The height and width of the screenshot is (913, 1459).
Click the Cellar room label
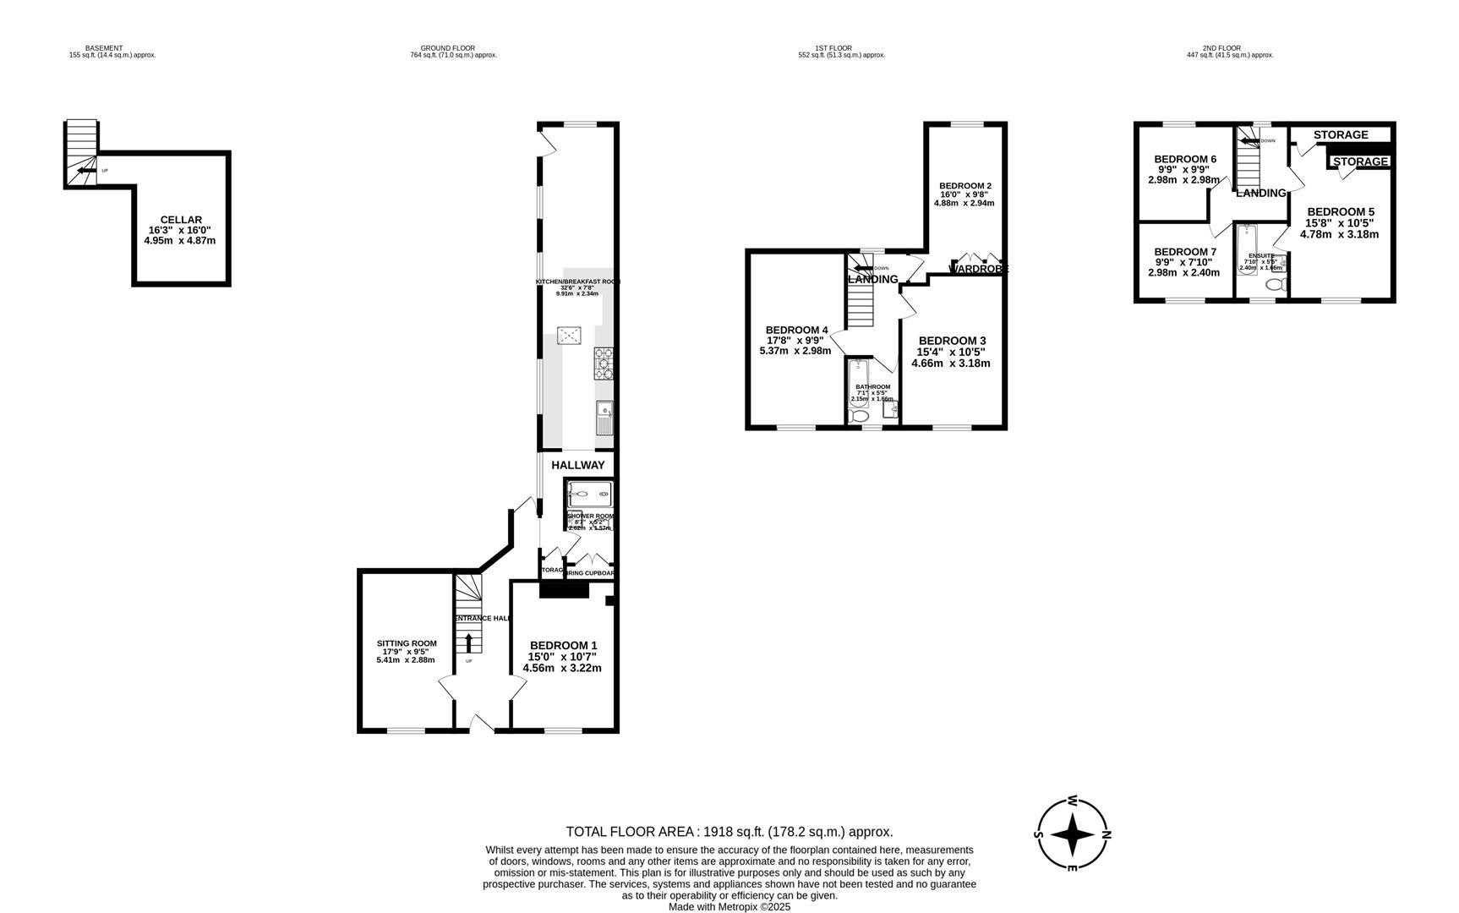(180, 220)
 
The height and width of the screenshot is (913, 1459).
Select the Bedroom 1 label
(563, 645)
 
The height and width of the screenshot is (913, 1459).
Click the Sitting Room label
(407, 643)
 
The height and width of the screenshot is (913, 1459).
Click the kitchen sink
(604, 417)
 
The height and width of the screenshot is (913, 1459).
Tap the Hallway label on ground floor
(578, 465)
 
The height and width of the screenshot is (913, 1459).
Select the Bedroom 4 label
(796, 330)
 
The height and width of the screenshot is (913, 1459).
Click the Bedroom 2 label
(964, 186)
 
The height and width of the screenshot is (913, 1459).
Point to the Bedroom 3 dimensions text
(950, 358)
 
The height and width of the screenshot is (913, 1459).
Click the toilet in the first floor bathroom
(859, 415)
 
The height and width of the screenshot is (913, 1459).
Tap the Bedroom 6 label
(1184, 159)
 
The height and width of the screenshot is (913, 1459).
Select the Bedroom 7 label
(1184, 252)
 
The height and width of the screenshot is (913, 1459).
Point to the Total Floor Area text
(729, 832)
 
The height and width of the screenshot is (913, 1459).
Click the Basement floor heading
(104, 48)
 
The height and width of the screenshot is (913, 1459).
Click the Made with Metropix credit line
(729, 906)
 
